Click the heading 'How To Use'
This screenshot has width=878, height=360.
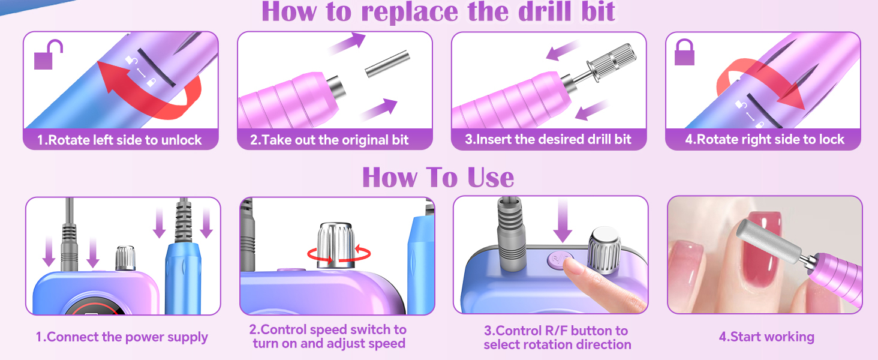pyautogui.click(x=438, y=178)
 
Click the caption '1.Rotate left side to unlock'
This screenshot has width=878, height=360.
pyautogui.click(x=120, y=140)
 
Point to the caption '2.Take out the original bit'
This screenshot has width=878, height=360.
pyautogui.click(x=329, y=140)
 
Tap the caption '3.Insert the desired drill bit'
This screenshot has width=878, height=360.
pyautogui.click(x=548, y=140)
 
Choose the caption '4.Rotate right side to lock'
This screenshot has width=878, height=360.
pyautogui.click(x=764, y=140)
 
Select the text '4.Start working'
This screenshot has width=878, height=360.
pyautogui.click(x=766, y=337)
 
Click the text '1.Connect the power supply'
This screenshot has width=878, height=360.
pyautogui.click(x=122, y=337)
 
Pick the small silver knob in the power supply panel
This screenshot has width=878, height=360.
pyautogui.click(x=124, y=257)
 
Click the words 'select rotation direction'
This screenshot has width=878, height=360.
pyautogui.click(x=557, y=344)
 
